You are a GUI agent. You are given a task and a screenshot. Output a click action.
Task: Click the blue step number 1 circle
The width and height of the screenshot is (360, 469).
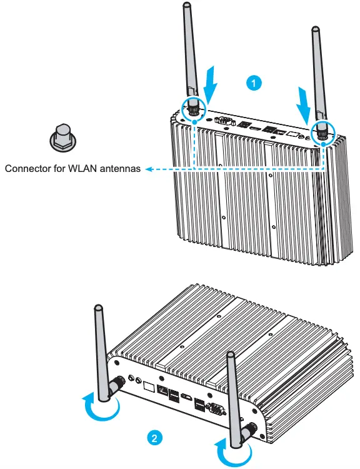tap(252, 82)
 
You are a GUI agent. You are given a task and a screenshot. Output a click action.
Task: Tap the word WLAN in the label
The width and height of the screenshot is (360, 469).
tap(87, 168)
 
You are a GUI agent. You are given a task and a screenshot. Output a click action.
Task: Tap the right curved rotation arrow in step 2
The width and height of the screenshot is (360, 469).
tap(231, 450)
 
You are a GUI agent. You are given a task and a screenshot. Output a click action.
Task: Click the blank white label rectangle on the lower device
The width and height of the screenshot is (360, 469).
tap(149, 386)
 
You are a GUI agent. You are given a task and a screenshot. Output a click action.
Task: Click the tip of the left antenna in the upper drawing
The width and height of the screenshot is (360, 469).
tap(186, 6)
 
